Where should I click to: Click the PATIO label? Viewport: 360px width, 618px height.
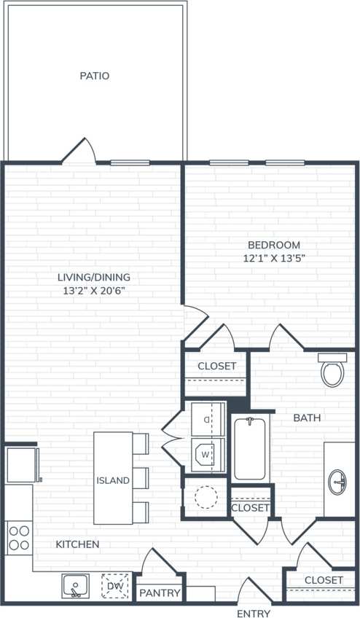95,76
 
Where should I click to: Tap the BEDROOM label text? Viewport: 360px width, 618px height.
273,245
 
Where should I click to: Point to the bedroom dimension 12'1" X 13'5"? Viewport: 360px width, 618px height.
273,258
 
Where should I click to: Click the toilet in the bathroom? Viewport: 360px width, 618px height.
332,371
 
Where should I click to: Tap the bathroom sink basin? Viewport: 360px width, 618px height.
339,481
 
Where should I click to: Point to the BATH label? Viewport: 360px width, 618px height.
307,418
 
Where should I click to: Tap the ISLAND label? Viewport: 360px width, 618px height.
113,480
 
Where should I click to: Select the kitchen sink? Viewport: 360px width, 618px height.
75,584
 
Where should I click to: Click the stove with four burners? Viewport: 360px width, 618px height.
19,538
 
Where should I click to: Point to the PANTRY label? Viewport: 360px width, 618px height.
160,593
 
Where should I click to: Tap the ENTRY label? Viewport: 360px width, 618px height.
254,614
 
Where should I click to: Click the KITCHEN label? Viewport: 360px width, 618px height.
78,544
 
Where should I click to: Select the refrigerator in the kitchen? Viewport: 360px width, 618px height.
22,465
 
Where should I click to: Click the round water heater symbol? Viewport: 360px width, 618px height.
206,497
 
